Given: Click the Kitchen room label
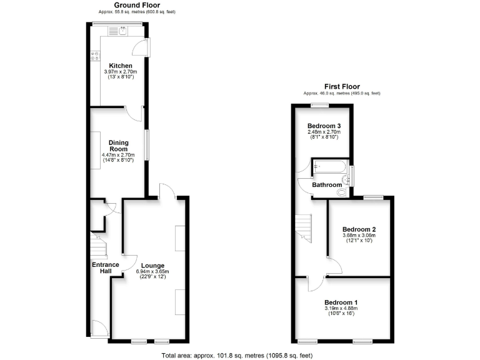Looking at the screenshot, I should point(121,66).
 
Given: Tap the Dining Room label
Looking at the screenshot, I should point(118,146).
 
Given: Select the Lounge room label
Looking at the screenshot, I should point(152,266).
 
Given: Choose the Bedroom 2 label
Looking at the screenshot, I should point(358,229).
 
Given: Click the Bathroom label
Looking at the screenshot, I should point(327,185).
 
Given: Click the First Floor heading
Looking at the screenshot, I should point(341,86).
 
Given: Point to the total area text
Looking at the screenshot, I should point(237,355).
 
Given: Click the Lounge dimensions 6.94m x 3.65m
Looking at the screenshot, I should point(152,272).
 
